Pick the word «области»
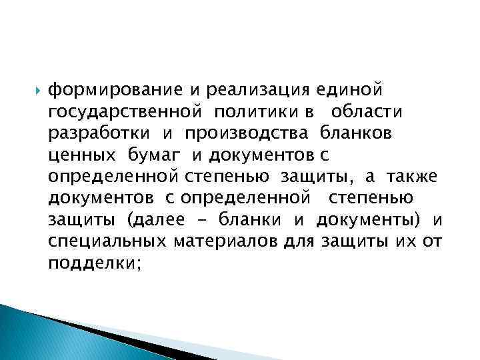click(x=365, y=111)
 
